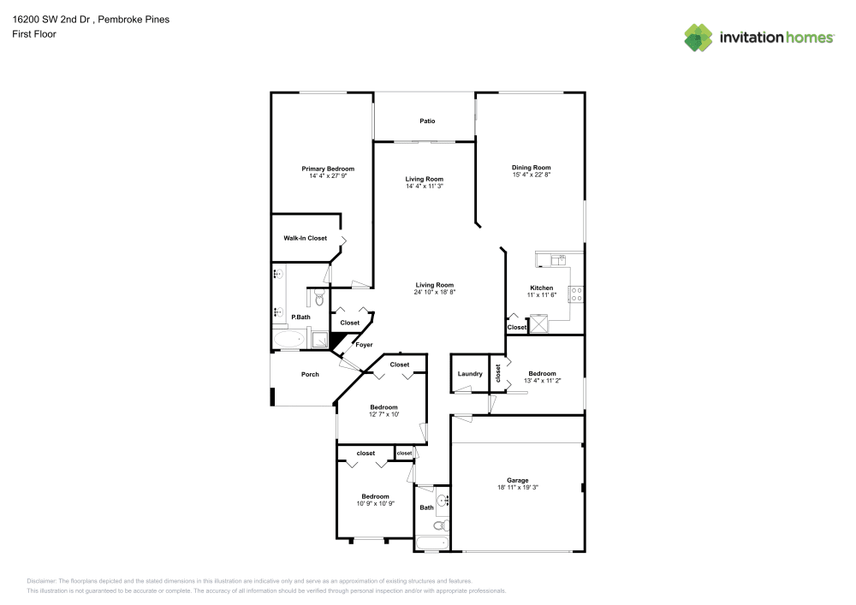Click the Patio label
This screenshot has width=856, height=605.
tap(427, 122)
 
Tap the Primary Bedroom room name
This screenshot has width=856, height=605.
tap(327, 169)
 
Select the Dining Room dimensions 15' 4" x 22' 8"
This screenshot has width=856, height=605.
tap(531, 175)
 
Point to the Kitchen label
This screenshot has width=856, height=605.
tap(541, 288)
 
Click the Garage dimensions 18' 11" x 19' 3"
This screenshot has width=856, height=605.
tap(517, 488)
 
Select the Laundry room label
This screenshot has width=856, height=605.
tap(470, 374)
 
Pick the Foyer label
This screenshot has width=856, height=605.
tap(364, 345)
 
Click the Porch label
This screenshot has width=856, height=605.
tap(309, 374)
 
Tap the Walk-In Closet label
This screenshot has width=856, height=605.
tap(305, 238)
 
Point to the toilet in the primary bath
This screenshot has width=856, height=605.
tap(318, 299)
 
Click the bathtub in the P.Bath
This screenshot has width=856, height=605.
tap(288, 341)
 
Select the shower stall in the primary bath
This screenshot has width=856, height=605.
tap(318, 340)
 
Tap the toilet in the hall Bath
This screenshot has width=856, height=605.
tap(440, 525)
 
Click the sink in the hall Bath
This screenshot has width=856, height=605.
tap(442, 500)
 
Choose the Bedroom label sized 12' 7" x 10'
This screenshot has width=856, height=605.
tap(383, 407)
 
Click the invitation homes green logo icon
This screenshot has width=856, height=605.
tap(698, 38)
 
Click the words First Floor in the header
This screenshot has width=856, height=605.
tap(33, 34)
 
